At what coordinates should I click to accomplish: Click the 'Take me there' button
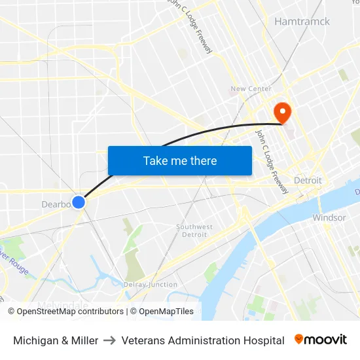coord(180,160)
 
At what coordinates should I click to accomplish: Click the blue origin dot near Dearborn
coord(79,202)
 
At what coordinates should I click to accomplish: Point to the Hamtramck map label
coord(302,22)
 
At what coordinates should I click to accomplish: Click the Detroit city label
coord(308,181)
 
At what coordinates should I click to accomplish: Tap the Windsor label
coord(329,217)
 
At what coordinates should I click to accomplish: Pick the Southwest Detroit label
coord(194,230)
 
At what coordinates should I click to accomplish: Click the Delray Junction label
coord(151,285)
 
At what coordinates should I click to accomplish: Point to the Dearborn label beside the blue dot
coord(56,204)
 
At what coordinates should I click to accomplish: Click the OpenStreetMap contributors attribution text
coord(70,312)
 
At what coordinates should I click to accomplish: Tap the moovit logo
coord(321,340)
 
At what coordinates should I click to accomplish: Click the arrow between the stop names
coord(109,340)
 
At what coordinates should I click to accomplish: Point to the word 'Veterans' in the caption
coord(143,340)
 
